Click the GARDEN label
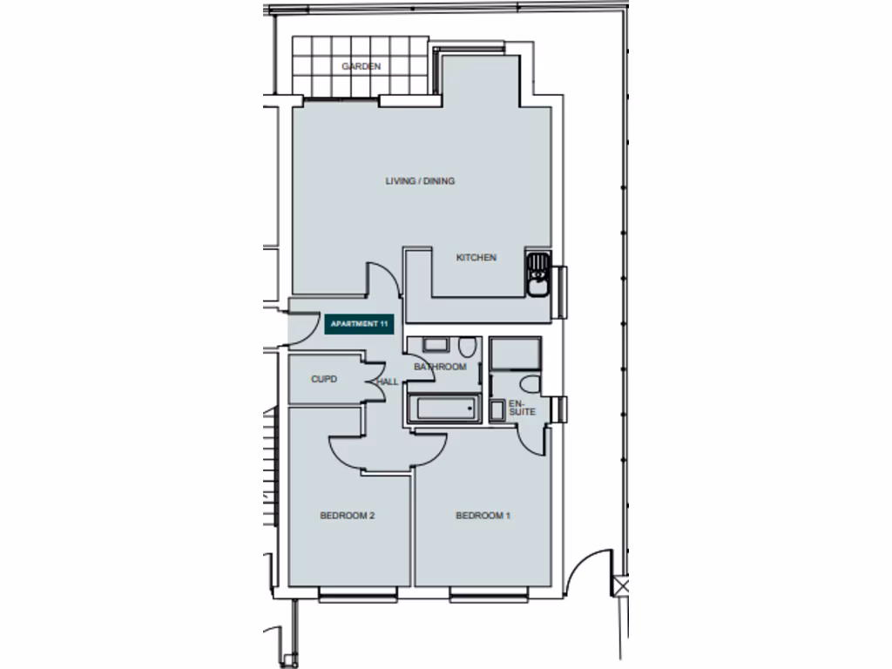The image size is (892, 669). coord(361,66)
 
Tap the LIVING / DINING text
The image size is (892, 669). coord(420,181)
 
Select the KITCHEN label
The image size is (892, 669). coord(476,258)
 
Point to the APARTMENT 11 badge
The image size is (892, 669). coord(358,324)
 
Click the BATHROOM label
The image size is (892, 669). coord(440,367)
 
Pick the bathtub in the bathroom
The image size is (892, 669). coord(443,408)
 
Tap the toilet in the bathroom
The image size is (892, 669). coord(468,348)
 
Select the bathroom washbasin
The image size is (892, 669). coord(435,345)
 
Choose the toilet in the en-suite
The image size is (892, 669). coord(528,384)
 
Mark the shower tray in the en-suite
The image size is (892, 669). coord(515,355)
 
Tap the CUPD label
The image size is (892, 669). coord(324,380)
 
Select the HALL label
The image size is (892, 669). coord(388,382)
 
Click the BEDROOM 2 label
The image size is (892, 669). coord(347,516)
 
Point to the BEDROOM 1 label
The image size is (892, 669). coord(483,516)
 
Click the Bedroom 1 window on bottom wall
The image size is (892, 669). coord(489,595)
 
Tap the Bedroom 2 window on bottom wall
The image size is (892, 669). coord(358,595)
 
